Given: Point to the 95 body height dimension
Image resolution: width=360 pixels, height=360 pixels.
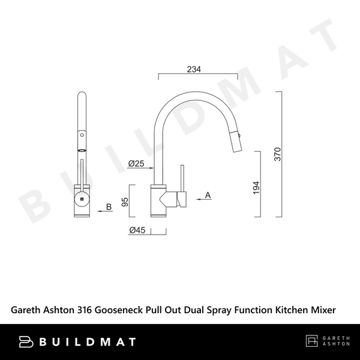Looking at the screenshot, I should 125,202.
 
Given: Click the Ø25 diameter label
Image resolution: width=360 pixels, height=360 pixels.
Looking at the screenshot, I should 136,163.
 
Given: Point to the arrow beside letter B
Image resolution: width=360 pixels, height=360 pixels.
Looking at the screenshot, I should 100,212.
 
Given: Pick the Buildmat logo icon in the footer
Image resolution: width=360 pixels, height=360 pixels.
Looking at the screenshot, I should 28,342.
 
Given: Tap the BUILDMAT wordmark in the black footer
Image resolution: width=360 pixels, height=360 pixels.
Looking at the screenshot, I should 88,342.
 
